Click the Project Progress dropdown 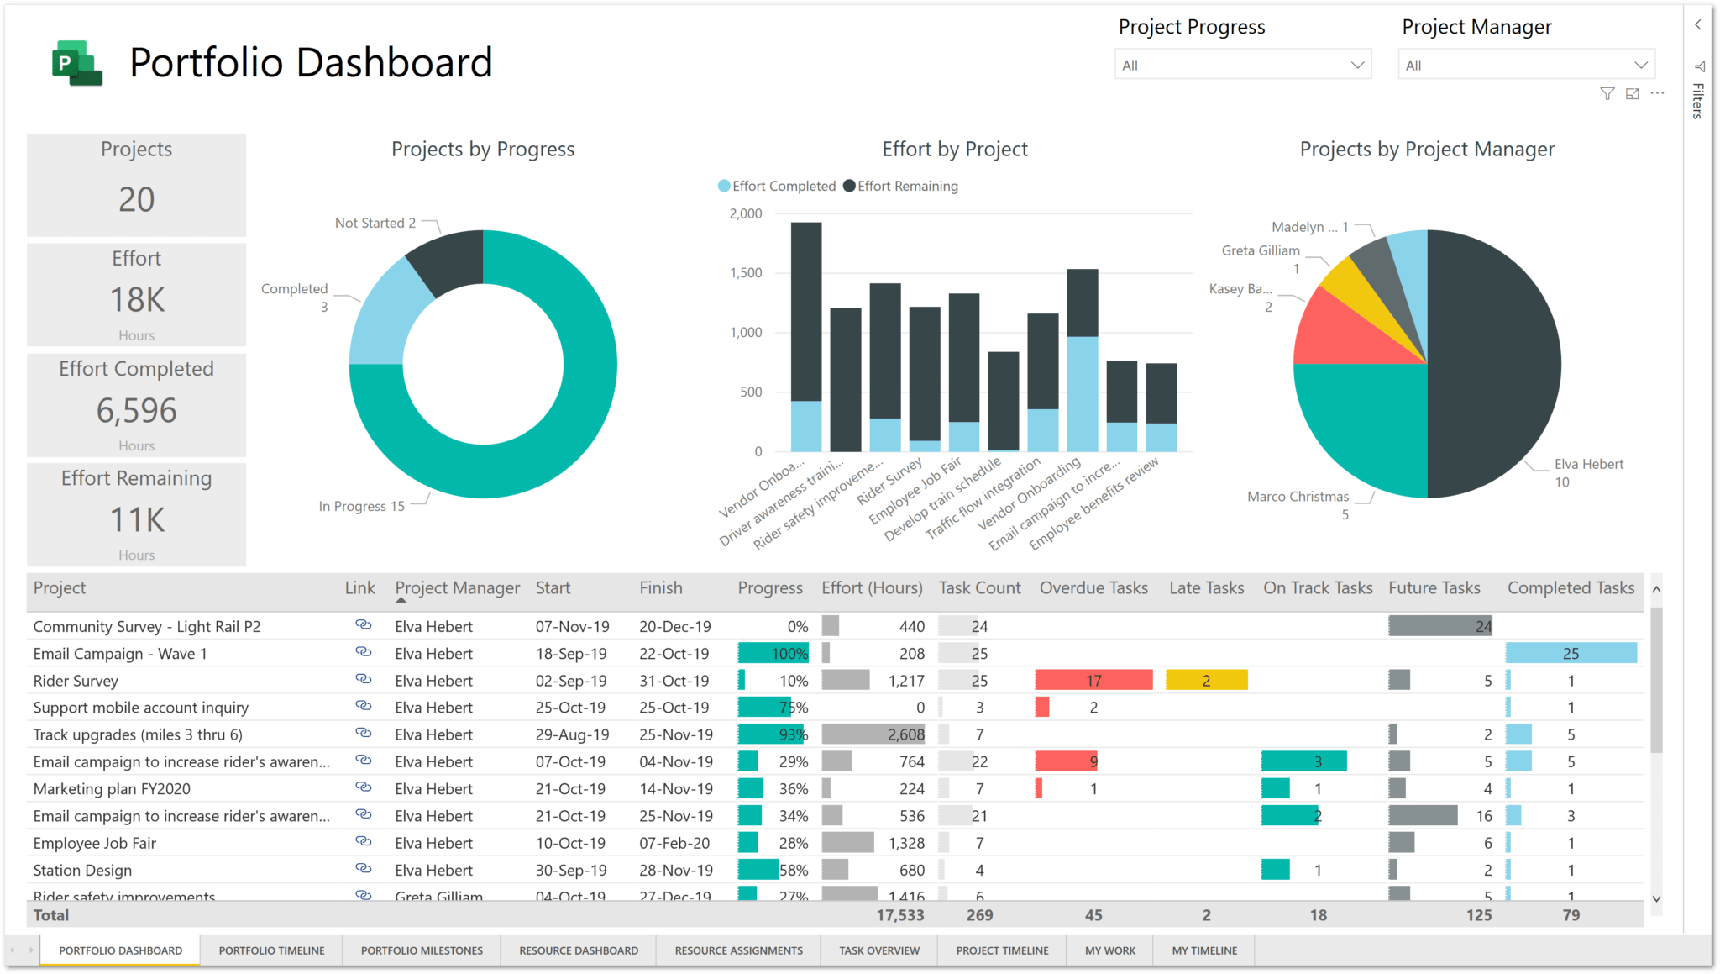1243,65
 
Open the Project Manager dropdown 1526,65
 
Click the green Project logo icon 76,63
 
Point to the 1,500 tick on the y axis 746,273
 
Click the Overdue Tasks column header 1093,587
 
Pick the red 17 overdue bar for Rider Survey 1093,680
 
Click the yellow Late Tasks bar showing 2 1206,680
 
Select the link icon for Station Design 363,868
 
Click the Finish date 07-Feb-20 674,843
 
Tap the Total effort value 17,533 899,915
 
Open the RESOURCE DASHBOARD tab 579,950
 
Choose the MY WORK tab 1109,950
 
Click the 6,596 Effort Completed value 136,410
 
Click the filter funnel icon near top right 1607,94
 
